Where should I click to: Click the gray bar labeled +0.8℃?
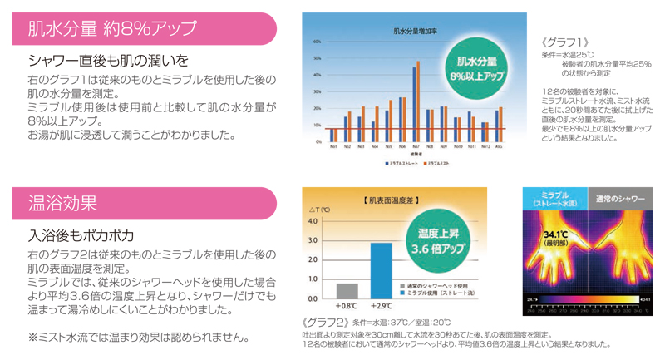coord(347,290)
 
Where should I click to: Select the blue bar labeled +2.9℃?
coord(382,270)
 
